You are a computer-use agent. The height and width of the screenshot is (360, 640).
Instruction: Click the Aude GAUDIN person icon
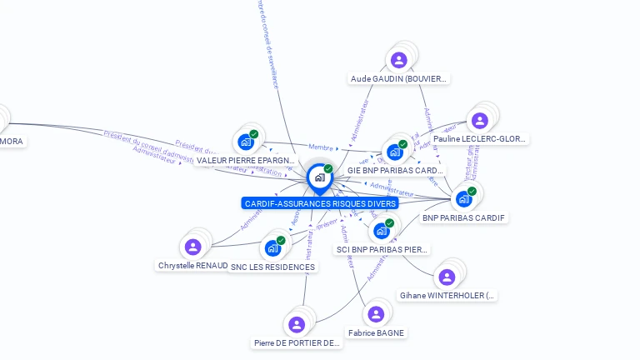[398, 59]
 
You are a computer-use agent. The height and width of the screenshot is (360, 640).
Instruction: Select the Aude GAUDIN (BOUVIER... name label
[399, 79]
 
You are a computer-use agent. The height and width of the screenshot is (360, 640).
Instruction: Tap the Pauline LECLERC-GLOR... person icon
[479, 120]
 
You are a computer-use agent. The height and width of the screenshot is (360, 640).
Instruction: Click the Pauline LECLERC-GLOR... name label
[480, 139]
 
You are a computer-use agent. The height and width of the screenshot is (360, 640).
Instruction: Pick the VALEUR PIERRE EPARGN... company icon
[246, 142]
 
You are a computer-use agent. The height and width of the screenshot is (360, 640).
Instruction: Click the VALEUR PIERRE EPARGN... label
[246, 160]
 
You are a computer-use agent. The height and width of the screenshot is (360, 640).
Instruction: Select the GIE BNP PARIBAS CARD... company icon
[395, 152]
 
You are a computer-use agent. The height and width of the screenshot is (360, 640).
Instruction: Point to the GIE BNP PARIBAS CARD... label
[395, 171]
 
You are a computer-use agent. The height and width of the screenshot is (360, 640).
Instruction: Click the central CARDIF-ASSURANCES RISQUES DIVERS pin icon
[319, 177]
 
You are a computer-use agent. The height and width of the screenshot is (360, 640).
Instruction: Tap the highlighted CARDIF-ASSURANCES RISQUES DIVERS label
[320, 203]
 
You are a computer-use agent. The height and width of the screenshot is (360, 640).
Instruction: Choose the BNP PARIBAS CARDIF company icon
[464, 199]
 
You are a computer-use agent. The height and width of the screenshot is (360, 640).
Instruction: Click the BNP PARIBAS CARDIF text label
[464, 218]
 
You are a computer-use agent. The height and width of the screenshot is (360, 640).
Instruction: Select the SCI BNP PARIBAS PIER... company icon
[382, 231]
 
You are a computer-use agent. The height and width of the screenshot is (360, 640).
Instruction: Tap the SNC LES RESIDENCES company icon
[272, 247]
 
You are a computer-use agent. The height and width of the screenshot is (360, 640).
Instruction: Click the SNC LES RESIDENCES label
[273, 267]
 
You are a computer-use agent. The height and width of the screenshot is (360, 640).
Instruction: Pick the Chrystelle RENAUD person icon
[192, 247]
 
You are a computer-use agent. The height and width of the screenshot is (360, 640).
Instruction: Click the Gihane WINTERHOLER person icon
[447, 277]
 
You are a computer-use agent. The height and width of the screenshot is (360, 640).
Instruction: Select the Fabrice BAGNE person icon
[376, 313]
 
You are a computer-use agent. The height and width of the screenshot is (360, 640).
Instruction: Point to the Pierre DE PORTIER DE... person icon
[296, 324]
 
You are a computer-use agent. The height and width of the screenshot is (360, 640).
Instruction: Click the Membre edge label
[321, 148]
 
